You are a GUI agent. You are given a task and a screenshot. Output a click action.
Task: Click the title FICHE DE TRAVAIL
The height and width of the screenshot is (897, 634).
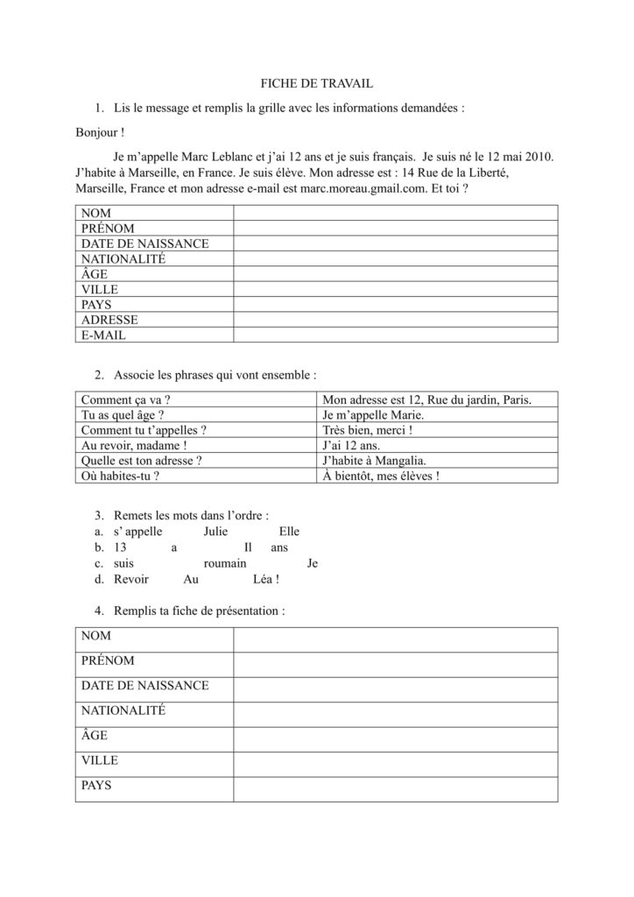point(317,83)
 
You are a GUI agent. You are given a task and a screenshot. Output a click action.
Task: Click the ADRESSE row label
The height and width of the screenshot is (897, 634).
point(109,320)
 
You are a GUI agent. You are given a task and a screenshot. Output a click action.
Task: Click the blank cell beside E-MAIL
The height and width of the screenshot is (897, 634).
point(395,335)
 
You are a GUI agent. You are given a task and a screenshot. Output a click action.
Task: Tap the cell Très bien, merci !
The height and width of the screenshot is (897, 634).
point(368,430)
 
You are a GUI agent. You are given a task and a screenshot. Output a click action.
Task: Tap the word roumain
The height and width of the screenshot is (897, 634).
point(225,563)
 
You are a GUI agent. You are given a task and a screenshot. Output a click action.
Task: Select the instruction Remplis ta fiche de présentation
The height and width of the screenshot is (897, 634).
point(199,611)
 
